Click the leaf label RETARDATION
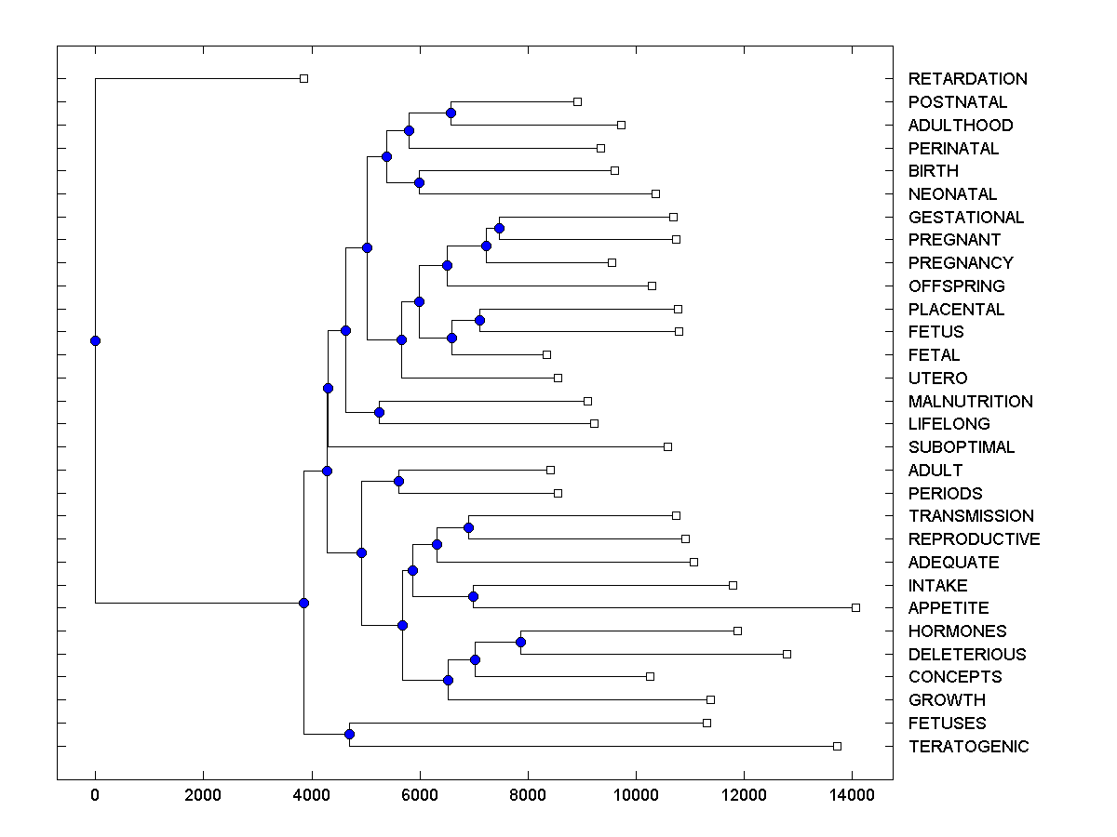967,79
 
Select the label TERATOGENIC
968,747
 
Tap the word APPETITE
949,608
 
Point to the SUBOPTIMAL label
962,447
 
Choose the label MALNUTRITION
970,402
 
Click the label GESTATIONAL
965,218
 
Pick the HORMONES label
957,631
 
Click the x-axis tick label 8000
528,795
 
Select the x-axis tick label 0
95,795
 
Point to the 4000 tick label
311,795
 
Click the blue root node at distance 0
95,340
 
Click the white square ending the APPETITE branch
855,607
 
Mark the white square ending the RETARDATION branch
303,78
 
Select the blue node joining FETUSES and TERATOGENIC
349,735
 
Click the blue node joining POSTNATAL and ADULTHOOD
451,113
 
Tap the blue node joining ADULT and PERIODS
398,481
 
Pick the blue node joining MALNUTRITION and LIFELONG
379,412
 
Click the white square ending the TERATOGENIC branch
837,746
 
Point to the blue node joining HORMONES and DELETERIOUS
520,642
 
